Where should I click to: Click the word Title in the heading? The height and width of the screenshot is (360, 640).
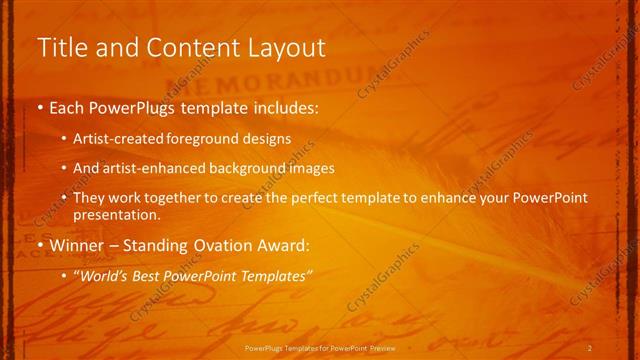[59, 47]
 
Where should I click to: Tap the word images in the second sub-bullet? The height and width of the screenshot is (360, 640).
[312, 169]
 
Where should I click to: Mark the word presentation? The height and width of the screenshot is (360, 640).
[116, 214]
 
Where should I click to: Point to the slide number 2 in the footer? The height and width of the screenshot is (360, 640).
[589, 347]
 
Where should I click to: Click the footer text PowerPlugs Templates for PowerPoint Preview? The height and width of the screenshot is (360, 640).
[319, 347]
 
